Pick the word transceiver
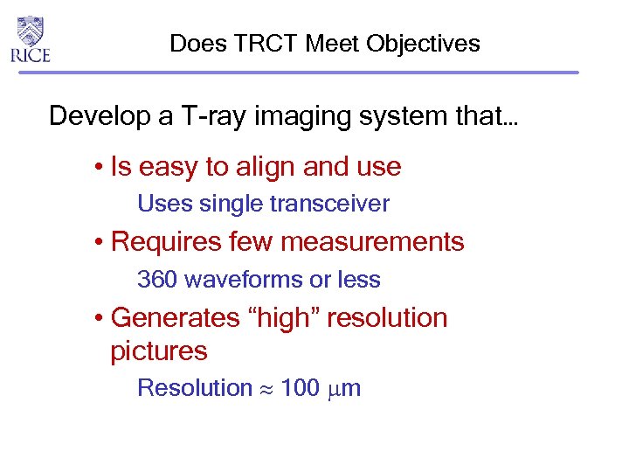click(329, 205)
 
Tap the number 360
click(157, 280)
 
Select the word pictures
click(159, 351)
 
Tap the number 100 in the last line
click(301, 388)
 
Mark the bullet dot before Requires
click(101, 243)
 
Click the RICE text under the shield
click(31, 55)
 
